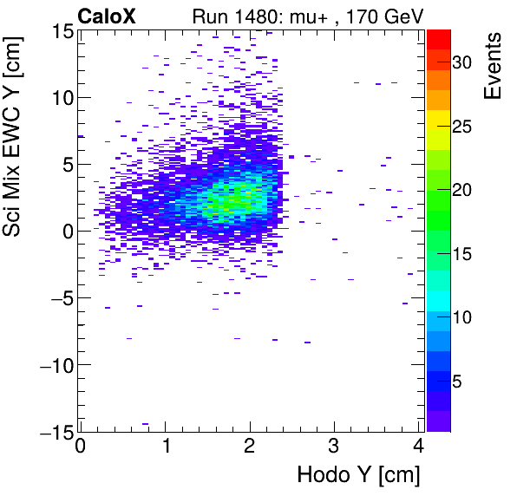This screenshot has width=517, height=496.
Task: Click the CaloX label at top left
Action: (108, 15)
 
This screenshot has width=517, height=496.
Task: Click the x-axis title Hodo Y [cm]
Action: (358, 475)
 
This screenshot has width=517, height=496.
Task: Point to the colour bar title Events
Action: (494, 66)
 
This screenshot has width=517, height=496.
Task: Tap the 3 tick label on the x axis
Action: (335, 449)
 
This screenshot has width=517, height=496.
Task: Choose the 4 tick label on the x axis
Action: (419, 449)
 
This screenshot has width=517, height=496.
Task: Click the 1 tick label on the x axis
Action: (165, 449)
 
